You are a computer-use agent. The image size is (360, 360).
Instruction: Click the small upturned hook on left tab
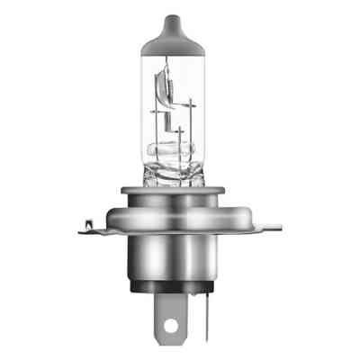(87, 220)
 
